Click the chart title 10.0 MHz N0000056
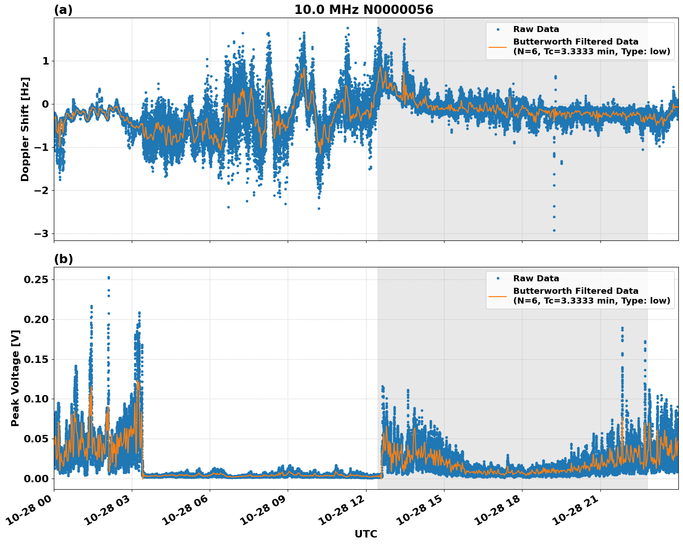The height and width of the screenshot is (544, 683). coord(363,10)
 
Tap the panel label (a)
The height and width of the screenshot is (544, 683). coord(63,10)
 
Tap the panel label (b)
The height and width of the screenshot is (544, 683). coord(63,259)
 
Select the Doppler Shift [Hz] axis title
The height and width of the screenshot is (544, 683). coord(25,129)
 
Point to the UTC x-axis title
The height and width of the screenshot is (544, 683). coord(366,534)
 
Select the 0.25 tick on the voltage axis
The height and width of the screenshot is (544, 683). coord(36,279)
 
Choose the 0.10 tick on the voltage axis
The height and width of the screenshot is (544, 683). coord(36,399)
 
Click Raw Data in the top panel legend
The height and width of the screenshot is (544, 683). coord(536,29)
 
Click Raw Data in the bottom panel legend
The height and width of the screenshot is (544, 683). coord(536,278)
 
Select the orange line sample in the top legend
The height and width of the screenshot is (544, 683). coord(497,46)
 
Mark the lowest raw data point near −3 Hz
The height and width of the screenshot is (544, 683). coord(554,230)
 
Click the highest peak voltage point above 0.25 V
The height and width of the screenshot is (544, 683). coord(109,278)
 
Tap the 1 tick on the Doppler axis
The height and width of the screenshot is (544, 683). coord(46,61)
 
